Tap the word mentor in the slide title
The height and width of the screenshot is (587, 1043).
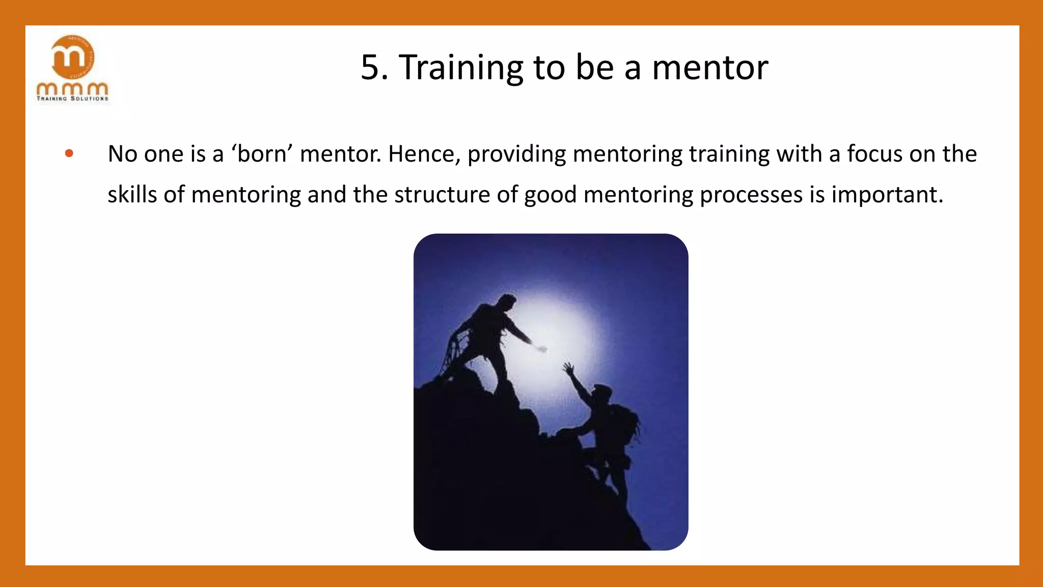(710, 68)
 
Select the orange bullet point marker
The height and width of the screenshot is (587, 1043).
(69, 153)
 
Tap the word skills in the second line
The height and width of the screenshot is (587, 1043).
(132, 194)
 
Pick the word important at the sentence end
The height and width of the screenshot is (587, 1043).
(887, 194)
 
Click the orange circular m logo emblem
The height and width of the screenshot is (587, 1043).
(72, 57)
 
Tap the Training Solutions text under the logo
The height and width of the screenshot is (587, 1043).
(72, 98)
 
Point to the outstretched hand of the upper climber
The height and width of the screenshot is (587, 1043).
(540, 349)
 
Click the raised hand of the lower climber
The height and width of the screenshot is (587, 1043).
(568, 367)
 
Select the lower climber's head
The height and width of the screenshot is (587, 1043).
(602, 394)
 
